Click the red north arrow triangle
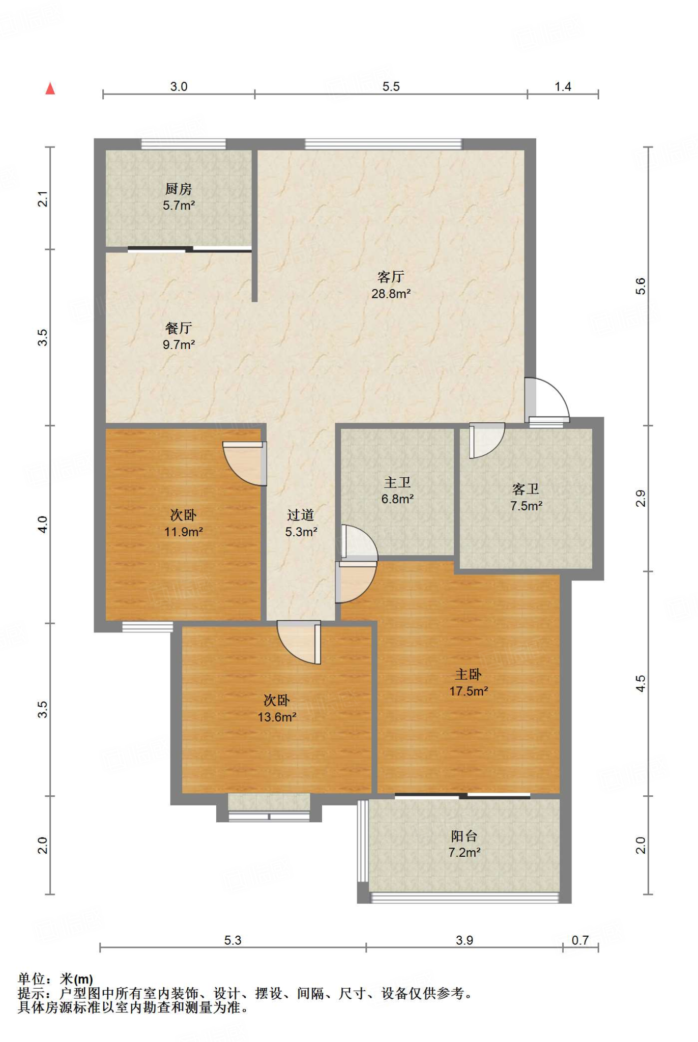tap(50, 89)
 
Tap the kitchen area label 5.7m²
tap(179, 206)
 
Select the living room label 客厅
tap(391, 277)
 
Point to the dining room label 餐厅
tap(179, 328)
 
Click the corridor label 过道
tap(301, 515)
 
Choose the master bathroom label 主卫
tap(397, 482)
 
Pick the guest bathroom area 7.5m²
tap(526, 506)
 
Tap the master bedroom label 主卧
tap(468, 675)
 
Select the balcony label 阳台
tap(464, 836)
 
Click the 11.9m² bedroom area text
tap(183, 532)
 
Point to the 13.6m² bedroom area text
tap(277, 717)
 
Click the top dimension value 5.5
tap(391, 86)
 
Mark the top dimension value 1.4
tap(563, 86)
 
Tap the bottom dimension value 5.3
tap(232, 940)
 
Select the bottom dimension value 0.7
tap(580, 940)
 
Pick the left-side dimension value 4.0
tap(43, 524)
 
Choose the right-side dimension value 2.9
tap(641, 498)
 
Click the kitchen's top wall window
tap(183, 144)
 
